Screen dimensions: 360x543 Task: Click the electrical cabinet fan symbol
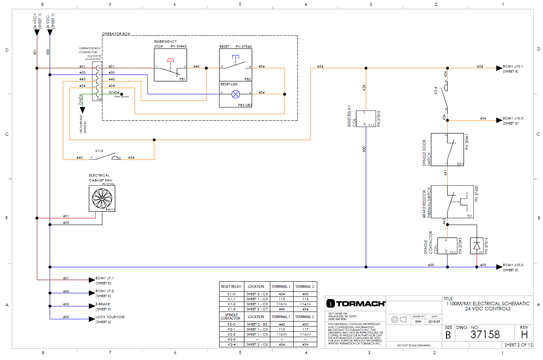[102, 198]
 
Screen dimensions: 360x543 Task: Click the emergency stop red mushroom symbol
[170, 60]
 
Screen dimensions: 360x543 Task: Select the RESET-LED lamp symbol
[235, 94]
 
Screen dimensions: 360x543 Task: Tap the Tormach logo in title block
[356, 303]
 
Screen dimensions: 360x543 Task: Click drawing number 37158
[485, 334]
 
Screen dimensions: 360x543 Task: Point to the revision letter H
[524, 334]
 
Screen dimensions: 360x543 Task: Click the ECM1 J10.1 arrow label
[512, 66]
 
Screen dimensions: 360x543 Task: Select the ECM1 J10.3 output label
[512, 118]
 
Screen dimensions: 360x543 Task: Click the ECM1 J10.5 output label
[512, 265]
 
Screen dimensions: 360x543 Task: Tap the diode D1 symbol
[477, 246]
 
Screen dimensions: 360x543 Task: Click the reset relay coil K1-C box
[366, 118]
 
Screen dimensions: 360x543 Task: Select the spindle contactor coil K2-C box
[447, 246]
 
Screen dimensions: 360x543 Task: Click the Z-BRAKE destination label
[103, 304]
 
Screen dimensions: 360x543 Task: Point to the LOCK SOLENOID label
[110, 317]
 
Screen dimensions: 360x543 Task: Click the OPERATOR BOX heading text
[116, 34]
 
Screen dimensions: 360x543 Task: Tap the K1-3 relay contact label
[99, 151]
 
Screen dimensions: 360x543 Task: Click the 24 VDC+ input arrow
[37, 32]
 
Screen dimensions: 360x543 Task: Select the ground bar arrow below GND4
[82, 110]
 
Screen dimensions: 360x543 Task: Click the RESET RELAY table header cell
[231, 287]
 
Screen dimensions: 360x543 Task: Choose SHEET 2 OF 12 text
[518, 345]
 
